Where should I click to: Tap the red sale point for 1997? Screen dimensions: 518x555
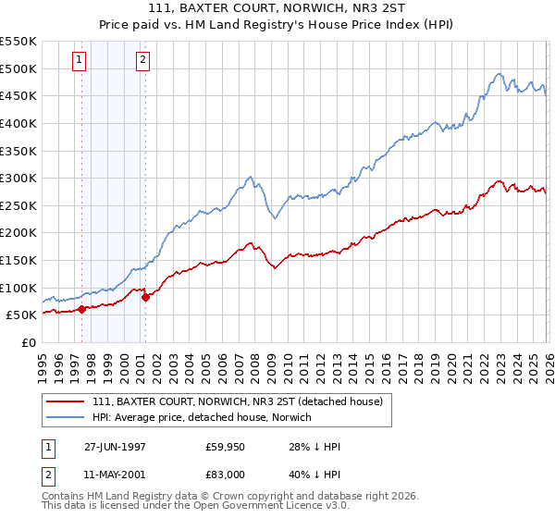[82, 309]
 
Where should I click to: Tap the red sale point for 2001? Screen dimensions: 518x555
[145, 297]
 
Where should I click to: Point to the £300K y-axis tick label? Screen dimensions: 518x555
[18, 178]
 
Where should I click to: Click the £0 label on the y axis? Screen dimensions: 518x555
[30, 342]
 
